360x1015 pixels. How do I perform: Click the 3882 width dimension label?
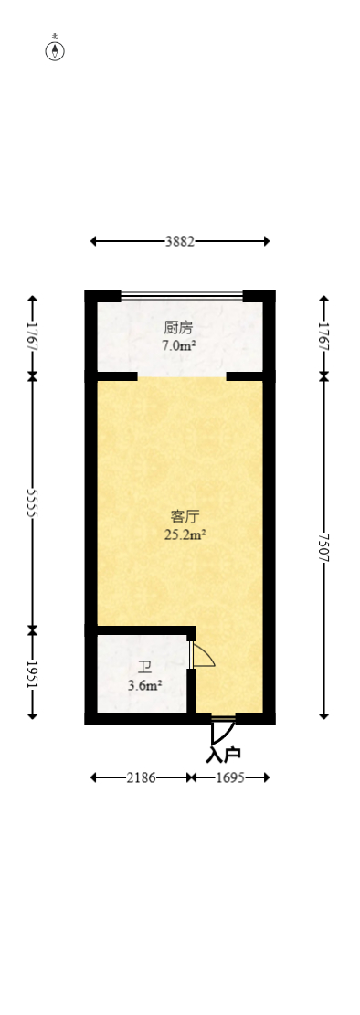pos(179,241)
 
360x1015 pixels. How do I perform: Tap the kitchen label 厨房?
pos(179,327)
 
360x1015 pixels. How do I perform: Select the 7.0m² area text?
pos(179,345)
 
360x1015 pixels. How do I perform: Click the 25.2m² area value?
pos(184,534)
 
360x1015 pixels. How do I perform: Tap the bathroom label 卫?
pos(144,667)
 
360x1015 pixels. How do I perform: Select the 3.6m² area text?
pos(144,684)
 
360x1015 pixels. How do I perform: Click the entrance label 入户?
pos(223,755)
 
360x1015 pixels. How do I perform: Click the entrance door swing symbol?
pos(222,730)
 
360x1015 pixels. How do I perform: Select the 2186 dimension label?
pos(141,777)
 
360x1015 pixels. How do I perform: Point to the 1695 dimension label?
pos(230,777)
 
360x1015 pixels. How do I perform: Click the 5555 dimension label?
pos(33,502)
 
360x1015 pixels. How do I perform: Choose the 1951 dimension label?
pos(33,674)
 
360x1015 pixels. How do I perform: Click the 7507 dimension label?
pos(323,546)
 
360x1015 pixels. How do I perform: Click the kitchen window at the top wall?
pos(181,295)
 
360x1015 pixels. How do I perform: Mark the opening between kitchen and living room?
pos(181,375)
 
